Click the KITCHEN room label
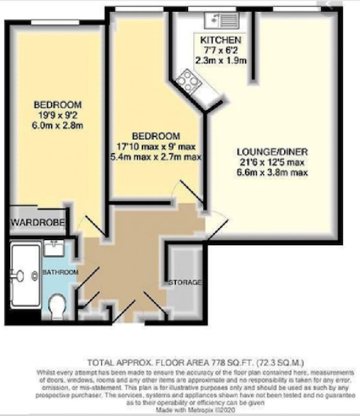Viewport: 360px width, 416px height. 220,40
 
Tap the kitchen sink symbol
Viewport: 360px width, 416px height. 222,20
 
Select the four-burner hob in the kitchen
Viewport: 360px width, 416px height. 189,80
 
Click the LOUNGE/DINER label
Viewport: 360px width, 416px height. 272,152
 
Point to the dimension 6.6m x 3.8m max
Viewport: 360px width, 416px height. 272,173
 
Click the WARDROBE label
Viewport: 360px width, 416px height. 38,223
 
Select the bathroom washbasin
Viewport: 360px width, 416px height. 54,249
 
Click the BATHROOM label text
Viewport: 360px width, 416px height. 61,272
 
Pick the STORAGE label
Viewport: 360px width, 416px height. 185,282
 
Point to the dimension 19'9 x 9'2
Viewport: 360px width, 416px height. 57,115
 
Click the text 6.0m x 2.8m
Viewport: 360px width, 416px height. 57,125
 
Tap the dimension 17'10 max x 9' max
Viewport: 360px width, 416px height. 156,146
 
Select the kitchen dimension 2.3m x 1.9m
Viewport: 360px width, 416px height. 221,61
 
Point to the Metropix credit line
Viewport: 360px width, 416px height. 196,410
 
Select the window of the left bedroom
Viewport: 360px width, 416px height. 55,23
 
